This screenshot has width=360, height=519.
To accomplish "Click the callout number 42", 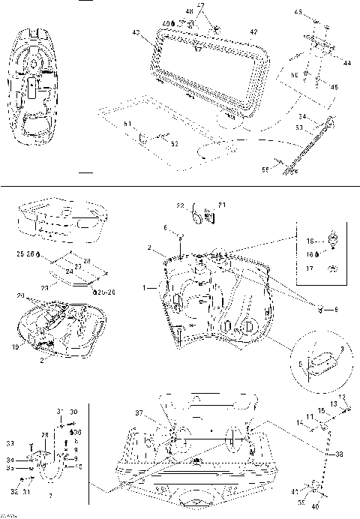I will pos(253,32).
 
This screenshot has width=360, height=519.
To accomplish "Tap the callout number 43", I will pos(136,32).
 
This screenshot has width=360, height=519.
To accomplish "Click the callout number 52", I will pos(175,142).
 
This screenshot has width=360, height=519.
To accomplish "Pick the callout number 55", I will pos(265,169).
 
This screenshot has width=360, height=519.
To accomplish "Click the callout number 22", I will pos(180,205).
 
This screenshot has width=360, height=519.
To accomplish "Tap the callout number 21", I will pos(221,204).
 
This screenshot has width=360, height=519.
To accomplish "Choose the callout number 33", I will pos(10,443).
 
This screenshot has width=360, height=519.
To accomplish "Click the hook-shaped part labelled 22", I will pos(199,215).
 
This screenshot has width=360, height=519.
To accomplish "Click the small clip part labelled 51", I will pos(142,136).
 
